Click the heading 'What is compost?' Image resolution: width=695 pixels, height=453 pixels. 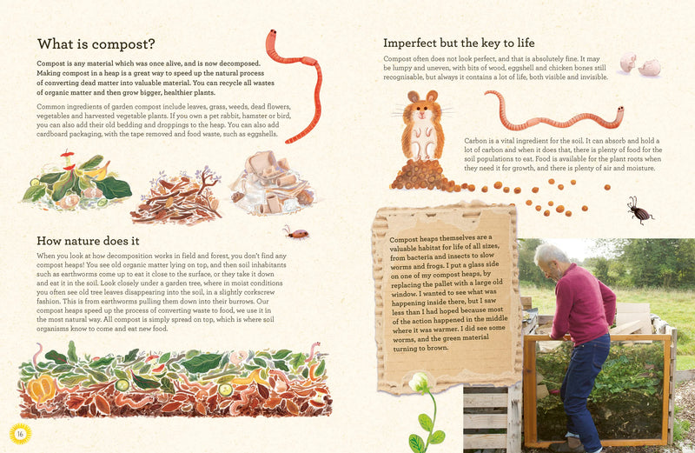(96, 44)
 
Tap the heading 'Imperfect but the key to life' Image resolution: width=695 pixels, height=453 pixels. (459, 43)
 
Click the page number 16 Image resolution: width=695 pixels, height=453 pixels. (17, 433)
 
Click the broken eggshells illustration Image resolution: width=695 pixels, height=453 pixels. (639, 64)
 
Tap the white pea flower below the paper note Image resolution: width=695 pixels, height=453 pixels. (422, 382)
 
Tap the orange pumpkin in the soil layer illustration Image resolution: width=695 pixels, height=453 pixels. (42, 387)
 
